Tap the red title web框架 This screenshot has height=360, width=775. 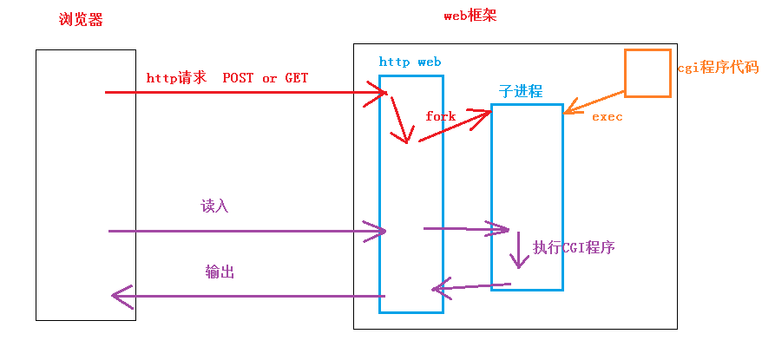[470, 16]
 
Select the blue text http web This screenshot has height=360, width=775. [410, 62]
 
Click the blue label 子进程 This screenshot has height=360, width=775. [521, 91]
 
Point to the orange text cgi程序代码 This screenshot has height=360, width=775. [717, 68]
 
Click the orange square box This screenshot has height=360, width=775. [647, 73]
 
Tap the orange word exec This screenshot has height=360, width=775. [607, 116]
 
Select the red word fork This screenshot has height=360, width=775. [440, 115]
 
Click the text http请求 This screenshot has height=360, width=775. [176, 78]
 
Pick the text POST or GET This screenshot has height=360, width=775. [266, 78]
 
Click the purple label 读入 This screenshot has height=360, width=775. [214, 206]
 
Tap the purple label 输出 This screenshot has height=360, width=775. [220, 272]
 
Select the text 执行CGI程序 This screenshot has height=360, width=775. [574, 247]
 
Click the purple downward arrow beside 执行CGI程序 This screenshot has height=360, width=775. [520, 251]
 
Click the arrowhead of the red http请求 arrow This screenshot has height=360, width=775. [382, 91]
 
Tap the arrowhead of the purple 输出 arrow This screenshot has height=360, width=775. [118, 296]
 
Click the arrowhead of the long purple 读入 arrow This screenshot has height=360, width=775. [379, 231]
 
